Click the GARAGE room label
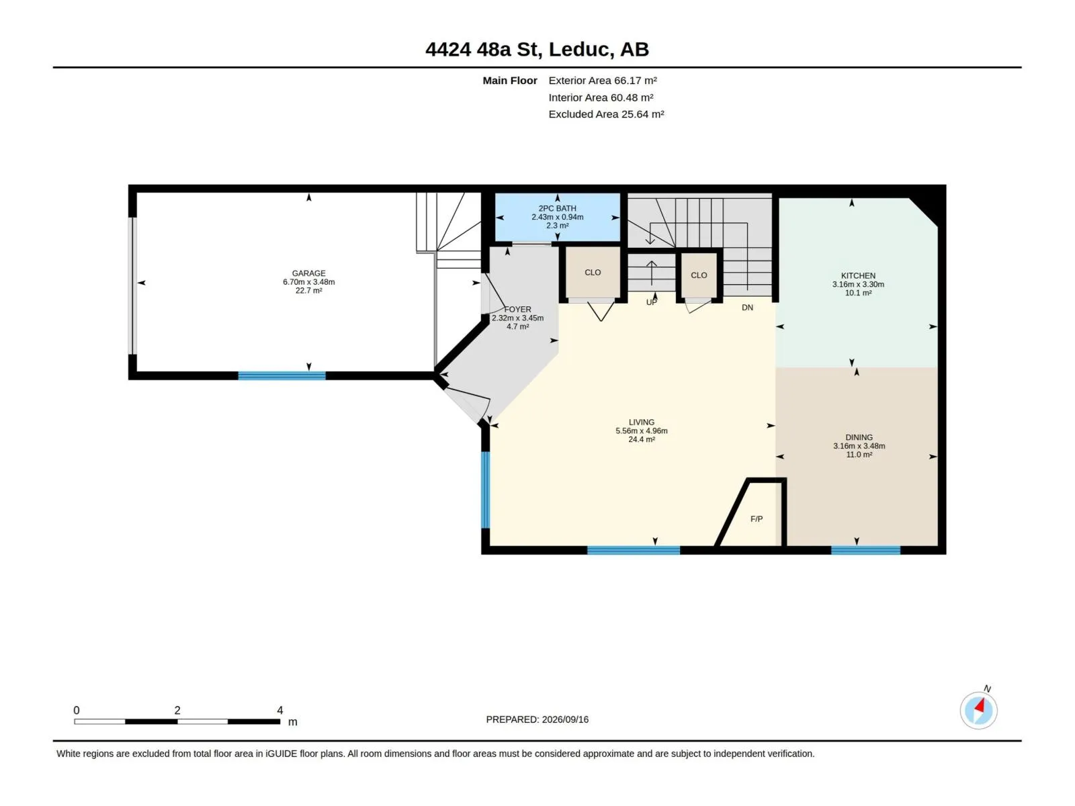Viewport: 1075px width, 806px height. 308,273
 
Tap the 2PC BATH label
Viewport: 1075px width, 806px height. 558,208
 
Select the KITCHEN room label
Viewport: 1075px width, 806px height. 858,275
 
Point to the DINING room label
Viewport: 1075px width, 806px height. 859,437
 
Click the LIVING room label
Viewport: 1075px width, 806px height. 641,422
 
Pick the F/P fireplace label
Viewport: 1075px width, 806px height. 756,519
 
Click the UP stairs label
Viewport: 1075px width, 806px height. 651,302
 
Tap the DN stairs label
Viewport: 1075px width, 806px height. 747,308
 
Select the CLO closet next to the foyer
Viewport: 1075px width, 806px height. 593,272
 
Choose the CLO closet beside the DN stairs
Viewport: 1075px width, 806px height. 698,275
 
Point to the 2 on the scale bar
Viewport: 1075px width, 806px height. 177,710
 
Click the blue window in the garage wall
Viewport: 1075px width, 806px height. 282,376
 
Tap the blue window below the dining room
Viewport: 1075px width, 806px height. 865,551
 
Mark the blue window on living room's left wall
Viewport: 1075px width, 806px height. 485,490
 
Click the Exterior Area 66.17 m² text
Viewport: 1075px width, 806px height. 603,81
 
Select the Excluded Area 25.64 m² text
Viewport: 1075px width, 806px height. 606,114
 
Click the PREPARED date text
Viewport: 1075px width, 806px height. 537,719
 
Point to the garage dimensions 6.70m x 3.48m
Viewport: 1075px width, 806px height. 308,282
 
